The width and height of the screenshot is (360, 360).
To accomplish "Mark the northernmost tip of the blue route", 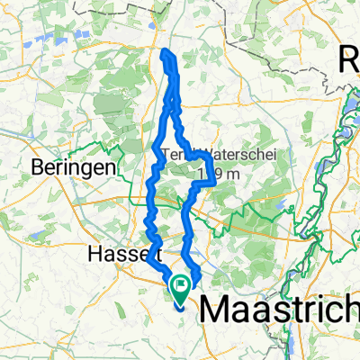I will click(166, 52).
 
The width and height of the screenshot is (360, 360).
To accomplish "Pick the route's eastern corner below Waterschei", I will click(214, 183).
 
